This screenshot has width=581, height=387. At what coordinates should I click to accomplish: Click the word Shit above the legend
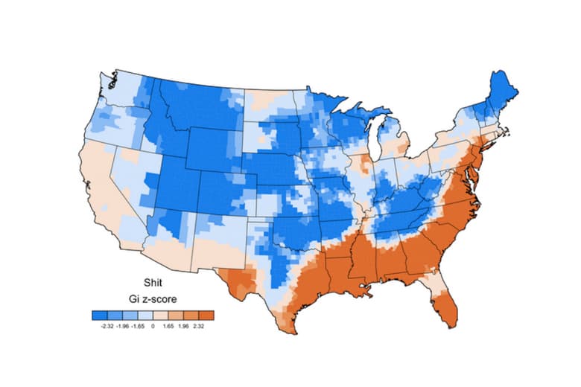(x=153, y=283)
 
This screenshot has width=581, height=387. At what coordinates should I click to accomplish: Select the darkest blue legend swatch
(x=99, y=315)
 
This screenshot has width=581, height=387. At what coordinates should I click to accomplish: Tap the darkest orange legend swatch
(x=206, y=315)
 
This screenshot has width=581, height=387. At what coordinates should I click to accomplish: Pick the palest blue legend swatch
(x=145, y=315)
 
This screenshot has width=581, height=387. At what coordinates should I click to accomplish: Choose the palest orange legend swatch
(x=160, y=315)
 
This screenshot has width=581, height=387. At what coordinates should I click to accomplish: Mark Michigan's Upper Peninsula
(x=358, y=119)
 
